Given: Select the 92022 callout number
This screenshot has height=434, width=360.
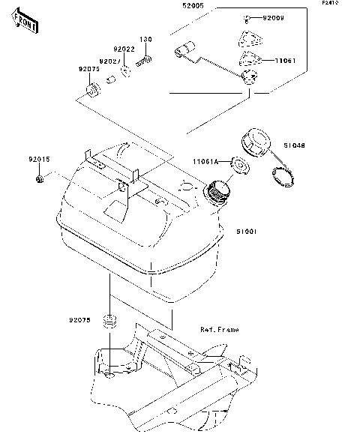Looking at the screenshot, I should click(125, 49).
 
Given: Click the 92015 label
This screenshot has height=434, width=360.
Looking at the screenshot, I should click(39, 159).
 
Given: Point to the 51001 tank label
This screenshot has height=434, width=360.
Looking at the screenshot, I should click(247, 232).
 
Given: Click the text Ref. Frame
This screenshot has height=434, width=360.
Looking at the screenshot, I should click(219, 329).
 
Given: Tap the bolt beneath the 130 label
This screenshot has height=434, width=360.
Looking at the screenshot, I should click(148, 55).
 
